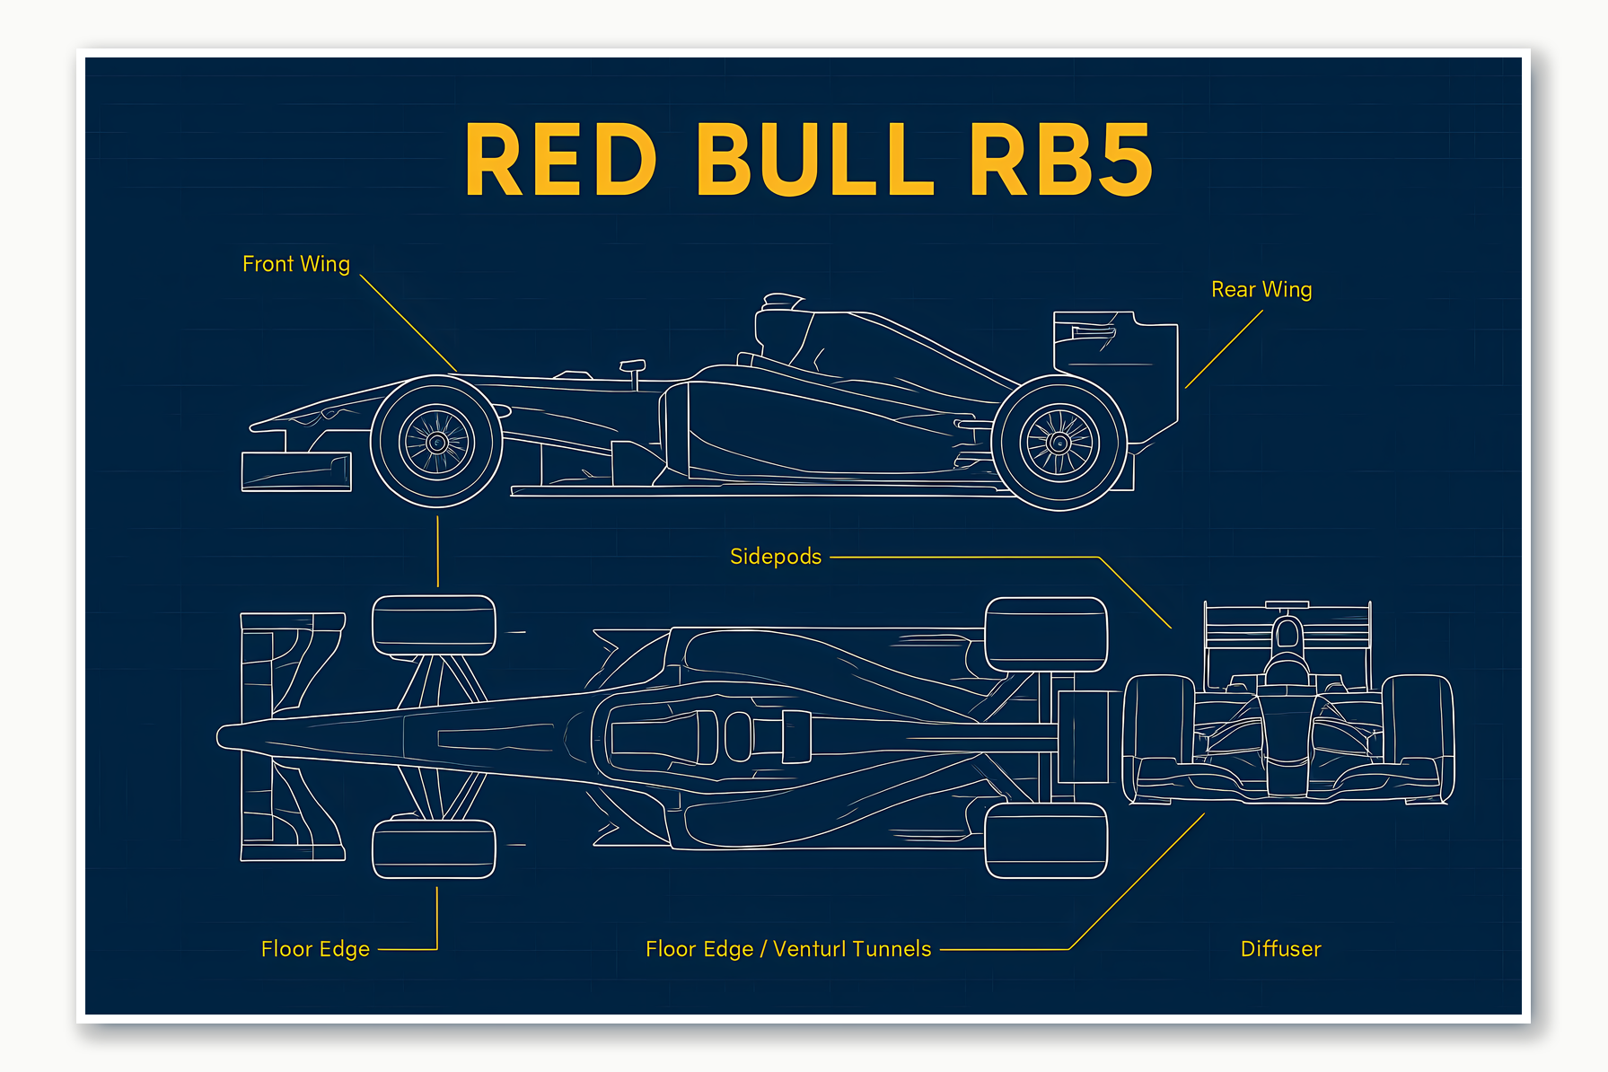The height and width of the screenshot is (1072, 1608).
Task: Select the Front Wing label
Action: [295, 264]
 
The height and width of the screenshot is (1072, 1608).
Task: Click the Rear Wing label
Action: [1261, 289]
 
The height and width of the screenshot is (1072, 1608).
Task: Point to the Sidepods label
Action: [776, 557]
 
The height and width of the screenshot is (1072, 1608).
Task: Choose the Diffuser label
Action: [1280, 949]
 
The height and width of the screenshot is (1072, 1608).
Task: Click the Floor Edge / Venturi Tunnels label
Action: [788, 949]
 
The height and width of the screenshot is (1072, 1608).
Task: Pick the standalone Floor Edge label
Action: [315, 949]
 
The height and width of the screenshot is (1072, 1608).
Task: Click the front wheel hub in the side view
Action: [437, 442]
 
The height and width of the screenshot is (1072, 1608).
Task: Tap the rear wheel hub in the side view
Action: [1059, 443]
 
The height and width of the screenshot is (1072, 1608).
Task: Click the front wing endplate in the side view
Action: [295, 472]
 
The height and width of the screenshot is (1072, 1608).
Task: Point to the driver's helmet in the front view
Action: [1287, 670]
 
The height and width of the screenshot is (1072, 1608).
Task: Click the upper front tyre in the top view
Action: [434, 625]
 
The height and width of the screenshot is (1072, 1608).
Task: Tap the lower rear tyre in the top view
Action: [1046, 840]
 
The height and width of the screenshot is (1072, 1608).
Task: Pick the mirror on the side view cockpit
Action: [632, 366]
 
